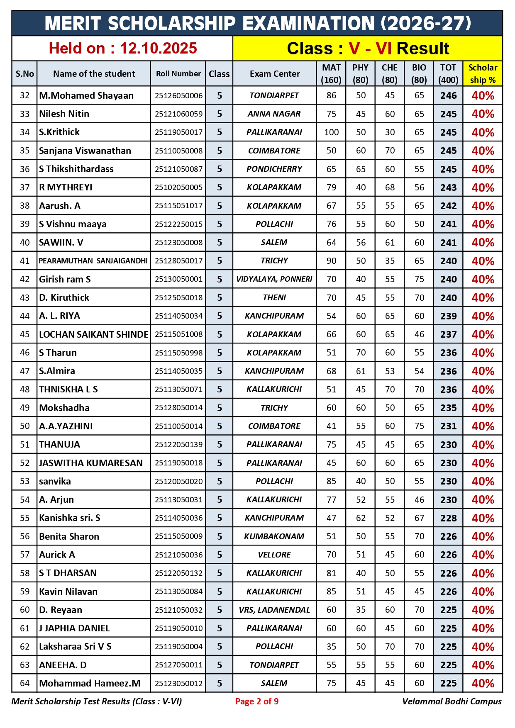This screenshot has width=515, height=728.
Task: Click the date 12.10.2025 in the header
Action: pos(158,49)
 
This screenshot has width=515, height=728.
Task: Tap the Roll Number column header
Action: pos(178,74)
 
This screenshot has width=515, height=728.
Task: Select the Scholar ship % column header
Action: pos(483,74)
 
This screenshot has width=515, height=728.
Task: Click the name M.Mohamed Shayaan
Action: pos(86,95)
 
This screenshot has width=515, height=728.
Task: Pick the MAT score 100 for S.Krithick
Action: pos(331,132)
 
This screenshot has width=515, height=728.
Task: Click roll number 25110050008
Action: pos(178,151)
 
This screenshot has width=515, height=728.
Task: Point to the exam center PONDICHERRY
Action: pos(274,169)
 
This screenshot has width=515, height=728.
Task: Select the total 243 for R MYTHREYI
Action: pos(448,187)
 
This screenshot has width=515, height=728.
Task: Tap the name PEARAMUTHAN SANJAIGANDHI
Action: pos(93,261)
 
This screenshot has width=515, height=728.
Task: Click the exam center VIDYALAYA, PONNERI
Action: pos(274,279)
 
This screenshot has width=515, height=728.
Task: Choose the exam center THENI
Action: pos(274,297)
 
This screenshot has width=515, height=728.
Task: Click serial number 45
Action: pos(24,334)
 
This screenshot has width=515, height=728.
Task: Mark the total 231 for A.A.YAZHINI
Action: pos(448,426)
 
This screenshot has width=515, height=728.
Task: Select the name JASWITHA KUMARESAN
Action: pos(91,463)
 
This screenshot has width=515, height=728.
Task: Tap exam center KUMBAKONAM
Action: pos(274,536)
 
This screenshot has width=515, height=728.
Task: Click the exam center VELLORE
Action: pos(274,555)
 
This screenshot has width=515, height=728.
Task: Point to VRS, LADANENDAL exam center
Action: pos(274,610)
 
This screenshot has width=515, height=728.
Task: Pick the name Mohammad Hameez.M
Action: pos(90,683)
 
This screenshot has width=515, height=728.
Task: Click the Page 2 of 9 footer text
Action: pos(257,701)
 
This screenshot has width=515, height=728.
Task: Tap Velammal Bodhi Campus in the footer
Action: pos(452,701)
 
